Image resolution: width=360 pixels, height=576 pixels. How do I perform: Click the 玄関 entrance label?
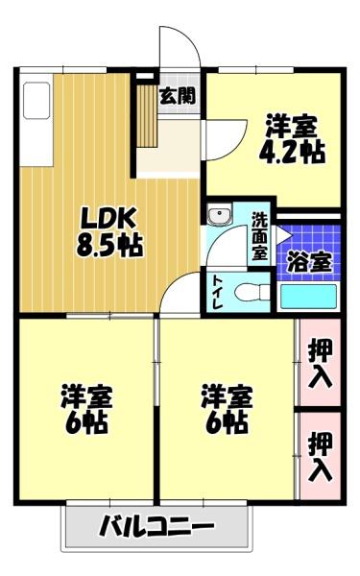point(178,97)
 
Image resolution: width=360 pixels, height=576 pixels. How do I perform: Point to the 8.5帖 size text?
point(109,245)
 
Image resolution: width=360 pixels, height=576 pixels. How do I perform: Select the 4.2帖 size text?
point(292,152)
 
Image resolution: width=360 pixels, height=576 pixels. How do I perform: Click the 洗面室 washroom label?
point(259,236)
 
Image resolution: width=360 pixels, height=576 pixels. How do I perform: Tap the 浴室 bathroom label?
point(309,261)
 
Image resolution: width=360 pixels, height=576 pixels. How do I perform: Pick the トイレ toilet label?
point(218,293)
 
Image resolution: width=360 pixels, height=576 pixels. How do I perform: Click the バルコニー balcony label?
point(156,526)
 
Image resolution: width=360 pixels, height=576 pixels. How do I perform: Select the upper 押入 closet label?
point(321,363)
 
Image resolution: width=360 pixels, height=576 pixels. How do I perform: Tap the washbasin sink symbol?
point(219,214)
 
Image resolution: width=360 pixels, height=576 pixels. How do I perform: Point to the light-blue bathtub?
point(308,297)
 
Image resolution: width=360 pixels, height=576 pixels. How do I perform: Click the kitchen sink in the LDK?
point(36,100)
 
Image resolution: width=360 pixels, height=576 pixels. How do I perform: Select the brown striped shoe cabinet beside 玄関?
point(147,117)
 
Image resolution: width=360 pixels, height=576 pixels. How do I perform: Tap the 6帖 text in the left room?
point(86,422)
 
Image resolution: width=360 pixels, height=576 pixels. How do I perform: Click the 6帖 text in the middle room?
point(227,422)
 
